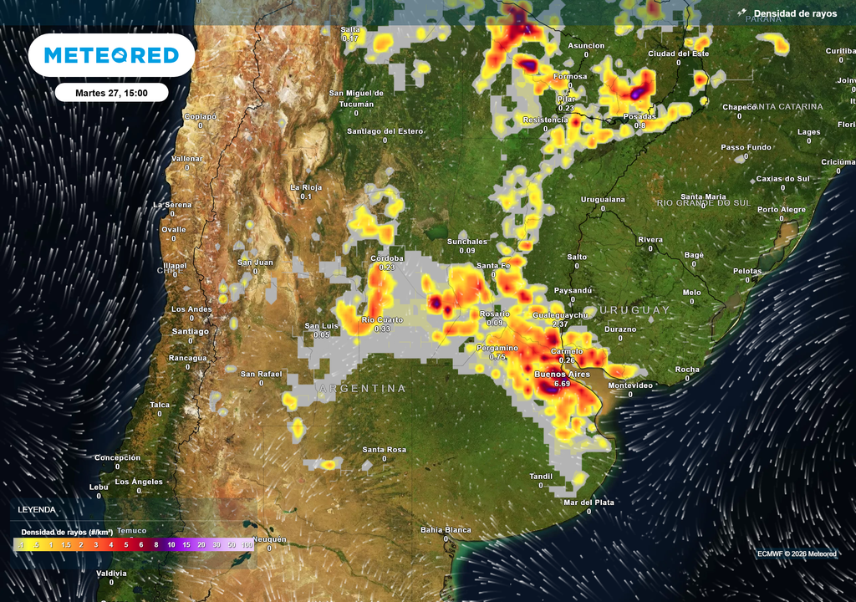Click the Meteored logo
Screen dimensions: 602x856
point(111,55)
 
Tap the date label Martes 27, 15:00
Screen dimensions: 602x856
point(111,92)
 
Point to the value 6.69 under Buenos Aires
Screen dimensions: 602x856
point(562,384)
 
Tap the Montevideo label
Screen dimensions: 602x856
point(630,385)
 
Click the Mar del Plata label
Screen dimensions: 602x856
point(588,503)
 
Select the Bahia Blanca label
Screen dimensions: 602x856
point(446,530)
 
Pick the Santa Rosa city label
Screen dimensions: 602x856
point(384,450)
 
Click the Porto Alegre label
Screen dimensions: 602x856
point(782,210)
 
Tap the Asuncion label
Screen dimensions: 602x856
point(586,45)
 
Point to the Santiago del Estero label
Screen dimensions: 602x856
point(385,131)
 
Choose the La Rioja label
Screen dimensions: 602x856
point(306,187)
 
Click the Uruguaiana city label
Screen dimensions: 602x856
point(603,200)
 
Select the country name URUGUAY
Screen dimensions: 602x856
point(634,310)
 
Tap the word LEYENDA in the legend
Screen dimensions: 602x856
point(37,508)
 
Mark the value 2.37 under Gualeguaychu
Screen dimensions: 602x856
point(561,324)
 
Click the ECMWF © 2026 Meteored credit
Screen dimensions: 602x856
point(796,554)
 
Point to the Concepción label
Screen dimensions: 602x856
point(117,457)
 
